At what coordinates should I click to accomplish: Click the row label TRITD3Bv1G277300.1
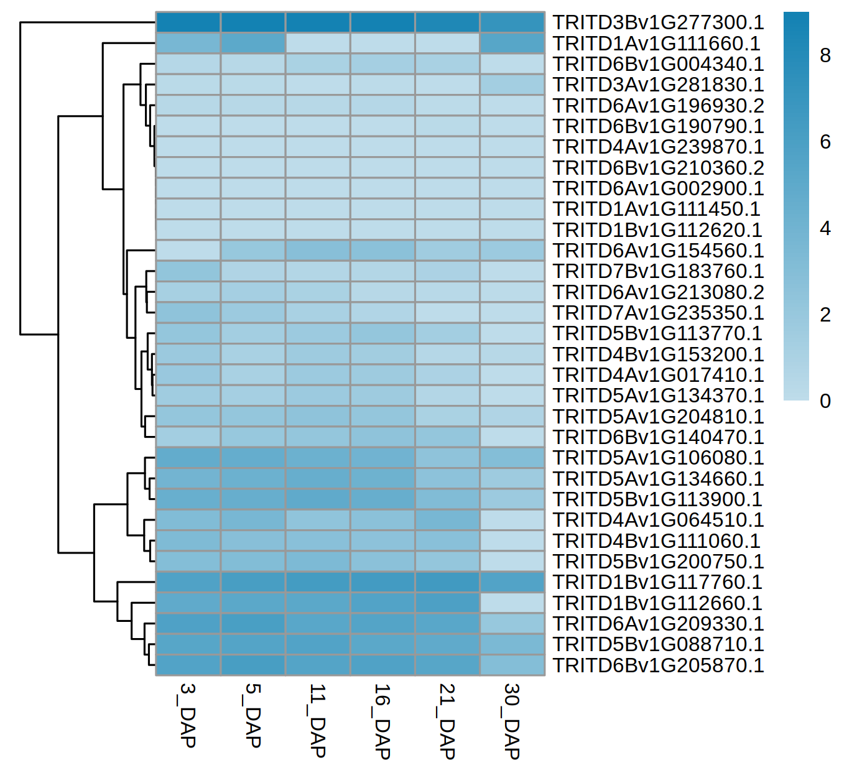pos(658,22)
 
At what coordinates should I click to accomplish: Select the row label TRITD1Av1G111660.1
pos(656,44)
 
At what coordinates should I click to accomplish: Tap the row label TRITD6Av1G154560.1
pos(658,251)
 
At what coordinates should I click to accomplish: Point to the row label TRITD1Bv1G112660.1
pos(657,603)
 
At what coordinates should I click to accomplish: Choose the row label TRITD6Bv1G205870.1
pos(658,665)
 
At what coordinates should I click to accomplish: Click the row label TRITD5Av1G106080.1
pos(658,458)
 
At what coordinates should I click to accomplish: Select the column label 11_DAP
pos(317,720)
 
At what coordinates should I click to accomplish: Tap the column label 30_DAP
pos(511,721)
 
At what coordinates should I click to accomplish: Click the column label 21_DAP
pos(447,721)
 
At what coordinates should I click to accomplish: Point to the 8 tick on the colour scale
pos(825,56)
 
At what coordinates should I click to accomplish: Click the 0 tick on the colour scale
pos(825,401)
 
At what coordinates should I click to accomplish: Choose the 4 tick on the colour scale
pos(825,229)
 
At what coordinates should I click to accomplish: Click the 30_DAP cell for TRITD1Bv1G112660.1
pos(512,603)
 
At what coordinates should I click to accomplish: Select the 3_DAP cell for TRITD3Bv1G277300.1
pos(188,22)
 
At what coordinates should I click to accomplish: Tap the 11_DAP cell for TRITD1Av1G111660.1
pos(318,44)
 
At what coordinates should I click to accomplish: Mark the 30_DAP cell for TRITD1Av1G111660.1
pos(512,44)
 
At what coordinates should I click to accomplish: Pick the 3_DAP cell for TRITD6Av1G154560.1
pos(188,251)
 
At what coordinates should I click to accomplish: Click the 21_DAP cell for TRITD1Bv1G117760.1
pos(447,582)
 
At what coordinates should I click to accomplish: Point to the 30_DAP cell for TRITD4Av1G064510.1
pos(512,520)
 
